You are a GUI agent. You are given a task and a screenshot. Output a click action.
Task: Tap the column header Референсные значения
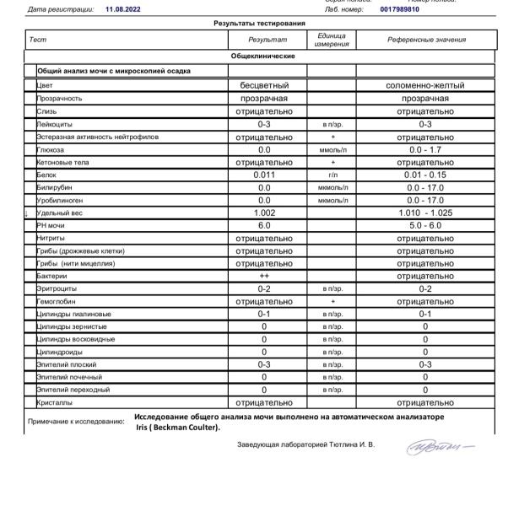click(425, 40)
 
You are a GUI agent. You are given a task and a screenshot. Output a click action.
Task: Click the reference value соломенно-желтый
click(425, 85)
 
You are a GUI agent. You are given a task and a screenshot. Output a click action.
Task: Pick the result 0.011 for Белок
click(264, 175)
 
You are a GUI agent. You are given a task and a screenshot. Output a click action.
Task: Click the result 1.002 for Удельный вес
click(264, 213)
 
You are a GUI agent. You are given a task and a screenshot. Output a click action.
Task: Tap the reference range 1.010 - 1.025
click(425, 213)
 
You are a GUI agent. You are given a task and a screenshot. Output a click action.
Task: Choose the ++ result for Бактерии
click(264, 276)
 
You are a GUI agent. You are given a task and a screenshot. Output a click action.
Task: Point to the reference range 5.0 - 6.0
click(425, 226)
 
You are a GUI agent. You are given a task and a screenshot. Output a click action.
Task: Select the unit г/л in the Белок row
click(332, 175)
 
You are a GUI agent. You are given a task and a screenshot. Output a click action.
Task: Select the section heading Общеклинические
click(263, 56)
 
